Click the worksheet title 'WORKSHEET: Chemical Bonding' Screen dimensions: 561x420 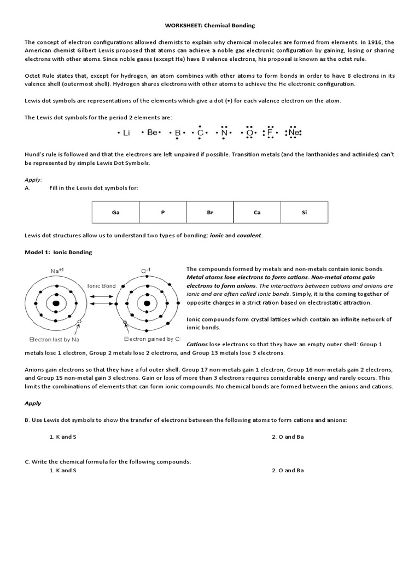[x=210, y=25]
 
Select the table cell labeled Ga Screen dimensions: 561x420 [x=115, y=211]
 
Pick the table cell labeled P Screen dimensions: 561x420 [x=162, y=211]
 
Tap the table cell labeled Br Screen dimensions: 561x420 [x=209, y=211]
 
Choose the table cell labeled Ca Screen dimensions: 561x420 [x=257, y=211]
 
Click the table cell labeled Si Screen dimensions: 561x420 [x=304, y=211]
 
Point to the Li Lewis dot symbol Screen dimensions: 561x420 [x=125, y=133]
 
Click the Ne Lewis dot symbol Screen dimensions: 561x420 [x=294, y=133]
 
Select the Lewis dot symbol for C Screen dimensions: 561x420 [x=201, y=133]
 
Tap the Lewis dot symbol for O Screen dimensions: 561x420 [x=250, y=133]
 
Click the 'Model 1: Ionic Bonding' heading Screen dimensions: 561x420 [x=59, y=252]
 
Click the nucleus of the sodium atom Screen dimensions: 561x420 [x=55, y=304]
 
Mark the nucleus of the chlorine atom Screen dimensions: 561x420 [x=147, y=304]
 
